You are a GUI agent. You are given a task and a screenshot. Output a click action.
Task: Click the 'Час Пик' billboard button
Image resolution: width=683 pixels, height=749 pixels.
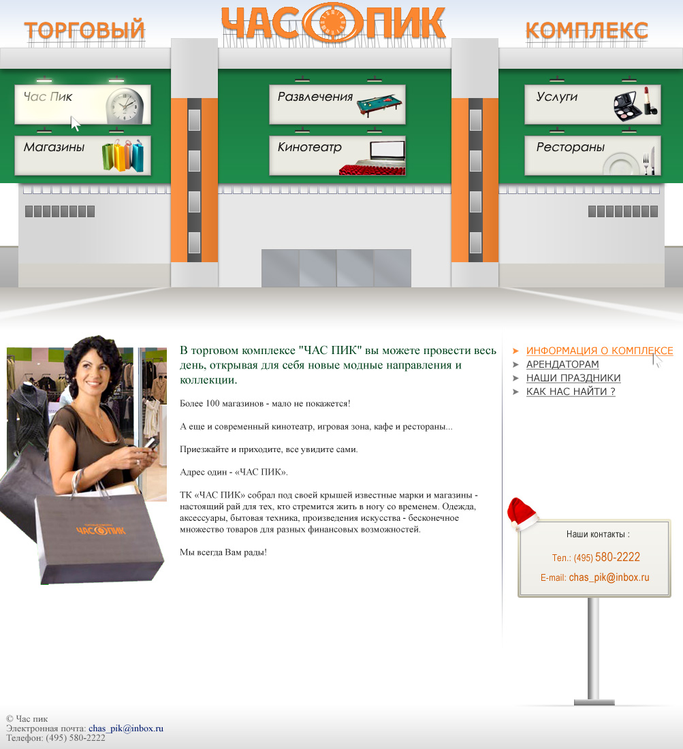point(82,105)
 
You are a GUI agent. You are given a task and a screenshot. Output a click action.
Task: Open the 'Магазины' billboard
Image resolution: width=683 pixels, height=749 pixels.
point(82,155)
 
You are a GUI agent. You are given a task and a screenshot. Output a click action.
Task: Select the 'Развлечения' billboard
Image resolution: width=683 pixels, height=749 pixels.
point(337,105)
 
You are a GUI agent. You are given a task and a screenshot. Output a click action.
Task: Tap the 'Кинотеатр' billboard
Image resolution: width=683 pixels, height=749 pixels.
point(337,155)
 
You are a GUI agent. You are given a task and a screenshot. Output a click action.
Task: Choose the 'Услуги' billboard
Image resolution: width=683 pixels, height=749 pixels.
point(592,105)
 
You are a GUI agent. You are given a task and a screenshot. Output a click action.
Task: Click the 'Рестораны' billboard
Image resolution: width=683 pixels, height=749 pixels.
point(592,155)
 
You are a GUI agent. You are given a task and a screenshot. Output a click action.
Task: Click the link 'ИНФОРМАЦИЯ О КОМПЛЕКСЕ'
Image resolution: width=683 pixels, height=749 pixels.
point(599,351)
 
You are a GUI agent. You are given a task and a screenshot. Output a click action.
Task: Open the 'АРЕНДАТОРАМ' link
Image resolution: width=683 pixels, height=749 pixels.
point(562,364)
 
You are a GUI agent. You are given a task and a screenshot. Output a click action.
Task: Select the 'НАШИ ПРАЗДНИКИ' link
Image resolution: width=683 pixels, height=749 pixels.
point(573,378)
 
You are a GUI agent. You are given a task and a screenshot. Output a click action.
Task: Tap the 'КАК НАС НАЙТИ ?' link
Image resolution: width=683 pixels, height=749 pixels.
point(570,392)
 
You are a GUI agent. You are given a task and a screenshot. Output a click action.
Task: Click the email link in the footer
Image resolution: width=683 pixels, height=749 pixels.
point(125,729)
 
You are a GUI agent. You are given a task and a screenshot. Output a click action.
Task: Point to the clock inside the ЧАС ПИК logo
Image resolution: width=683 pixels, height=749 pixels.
point(332,22)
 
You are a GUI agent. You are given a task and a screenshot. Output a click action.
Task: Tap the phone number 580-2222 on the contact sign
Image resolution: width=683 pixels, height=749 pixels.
point(617,557)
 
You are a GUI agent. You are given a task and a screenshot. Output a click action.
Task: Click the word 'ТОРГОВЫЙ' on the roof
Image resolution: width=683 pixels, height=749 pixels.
point(84,29)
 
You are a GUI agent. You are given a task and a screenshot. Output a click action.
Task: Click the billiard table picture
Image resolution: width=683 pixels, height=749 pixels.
point(379,105)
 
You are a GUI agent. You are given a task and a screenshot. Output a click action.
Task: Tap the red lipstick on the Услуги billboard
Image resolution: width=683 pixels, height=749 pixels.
point(650,101)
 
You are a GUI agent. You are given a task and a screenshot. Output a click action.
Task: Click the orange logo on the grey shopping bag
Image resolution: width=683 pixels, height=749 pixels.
point(101,530)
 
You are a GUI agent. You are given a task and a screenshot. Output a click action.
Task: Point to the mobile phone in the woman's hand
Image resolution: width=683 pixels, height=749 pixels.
point(152,443)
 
